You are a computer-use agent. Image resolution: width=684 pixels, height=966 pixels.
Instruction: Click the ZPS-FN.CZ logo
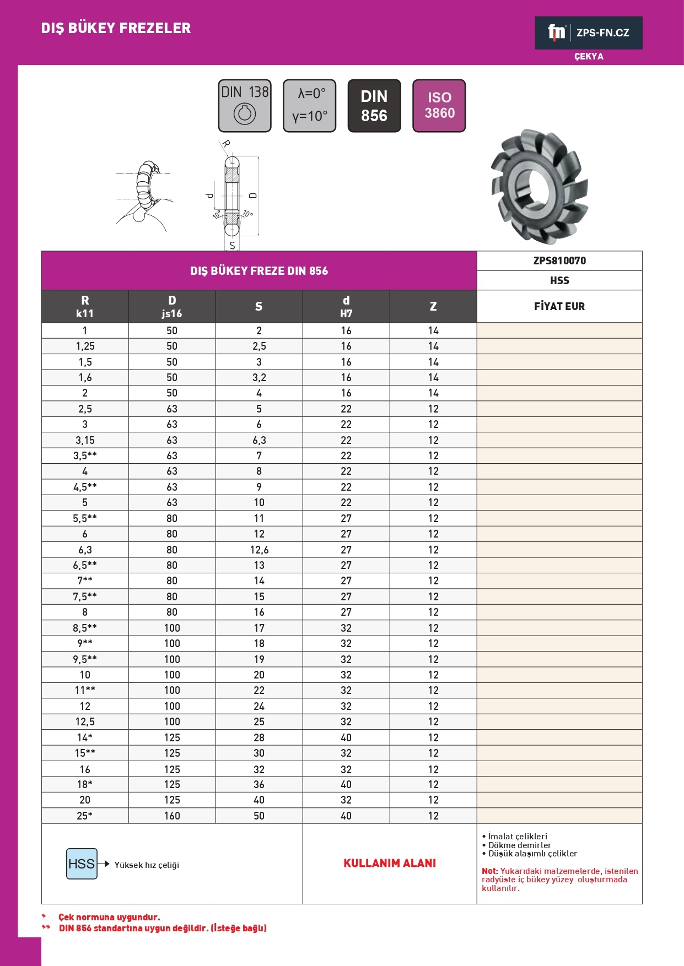click(588, 33)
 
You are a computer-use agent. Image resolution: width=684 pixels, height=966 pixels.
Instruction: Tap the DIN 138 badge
click(245, 106)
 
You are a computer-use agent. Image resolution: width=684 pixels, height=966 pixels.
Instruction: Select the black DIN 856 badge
click(374, 106)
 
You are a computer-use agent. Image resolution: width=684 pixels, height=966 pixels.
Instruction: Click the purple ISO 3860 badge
click(439, 106)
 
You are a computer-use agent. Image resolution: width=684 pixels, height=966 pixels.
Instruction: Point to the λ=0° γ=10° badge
click(309, 106)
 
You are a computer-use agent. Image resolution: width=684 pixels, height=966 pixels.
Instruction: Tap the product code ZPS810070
click(559, 261)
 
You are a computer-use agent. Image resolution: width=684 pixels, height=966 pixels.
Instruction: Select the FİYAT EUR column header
click(559, 306)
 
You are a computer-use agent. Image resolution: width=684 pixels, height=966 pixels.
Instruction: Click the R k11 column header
click(85, 306)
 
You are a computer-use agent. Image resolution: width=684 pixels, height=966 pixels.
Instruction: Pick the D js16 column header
click(172, 306)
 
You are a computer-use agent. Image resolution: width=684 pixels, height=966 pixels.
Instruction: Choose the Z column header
click(433, 306)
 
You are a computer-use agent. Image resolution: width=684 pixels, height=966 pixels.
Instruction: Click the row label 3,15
click(85, 440)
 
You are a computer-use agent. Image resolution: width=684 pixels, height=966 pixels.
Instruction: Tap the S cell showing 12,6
click(259, 550)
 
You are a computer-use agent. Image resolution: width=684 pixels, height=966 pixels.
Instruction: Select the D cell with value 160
click(172, 816)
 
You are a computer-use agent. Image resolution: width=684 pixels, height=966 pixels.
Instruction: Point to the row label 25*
click(85, 816)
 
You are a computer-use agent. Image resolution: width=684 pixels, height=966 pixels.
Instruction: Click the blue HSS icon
click(82, 864)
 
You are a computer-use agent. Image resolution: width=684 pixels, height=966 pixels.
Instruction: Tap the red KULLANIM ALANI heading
click(390, 863)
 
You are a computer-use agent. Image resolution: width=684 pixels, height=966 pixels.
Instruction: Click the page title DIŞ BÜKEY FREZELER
click(116, 28)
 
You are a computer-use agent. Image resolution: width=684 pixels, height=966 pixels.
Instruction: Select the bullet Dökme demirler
click(519, 845)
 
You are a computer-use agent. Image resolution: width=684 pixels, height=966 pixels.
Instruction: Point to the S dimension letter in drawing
click(232, 246)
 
